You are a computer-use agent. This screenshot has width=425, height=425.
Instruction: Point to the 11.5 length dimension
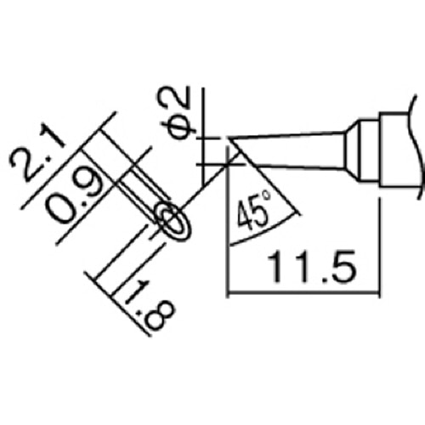[303, 271]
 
